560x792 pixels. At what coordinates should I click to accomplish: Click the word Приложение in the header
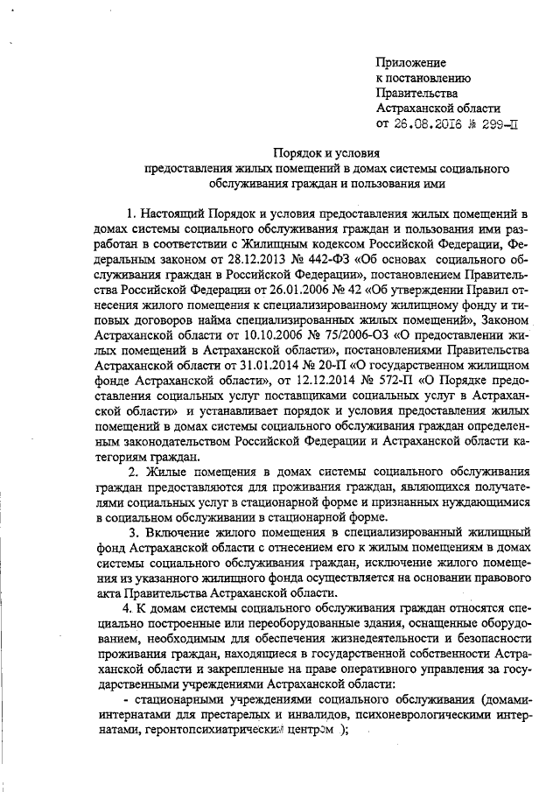[x=410, y=63]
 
